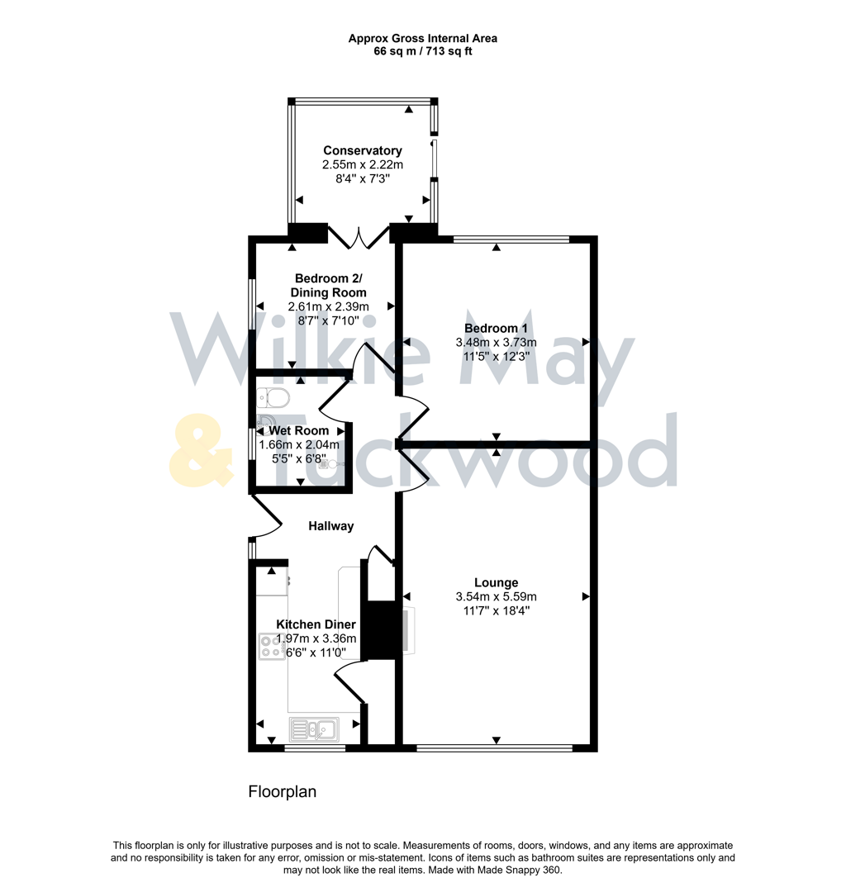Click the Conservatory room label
click(x=363, y=150)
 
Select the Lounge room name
click(x=496, y=582)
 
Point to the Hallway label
click(x=331, y=526)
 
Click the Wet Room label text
click(x=298, y=430)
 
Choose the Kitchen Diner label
click(x=316, y=624)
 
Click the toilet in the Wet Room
click(x=273, y=399)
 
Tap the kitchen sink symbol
click(x=313, y=728)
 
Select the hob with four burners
click(x=270, y=646)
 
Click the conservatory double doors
click(x=359, y=236)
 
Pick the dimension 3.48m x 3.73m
click(x=496, y=343)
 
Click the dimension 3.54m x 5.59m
click(x=496, y=597)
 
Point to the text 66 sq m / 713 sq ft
click(x=422, y=51)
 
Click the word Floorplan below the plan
click(x=283, y=792)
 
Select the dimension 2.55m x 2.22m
click(x=363, y=165)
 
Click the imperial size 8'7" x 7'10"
click(x=328, y=320)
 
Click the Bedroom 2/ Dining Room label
click(x=328, y=285)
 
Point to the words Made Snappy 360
click(x=517, y=870)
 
